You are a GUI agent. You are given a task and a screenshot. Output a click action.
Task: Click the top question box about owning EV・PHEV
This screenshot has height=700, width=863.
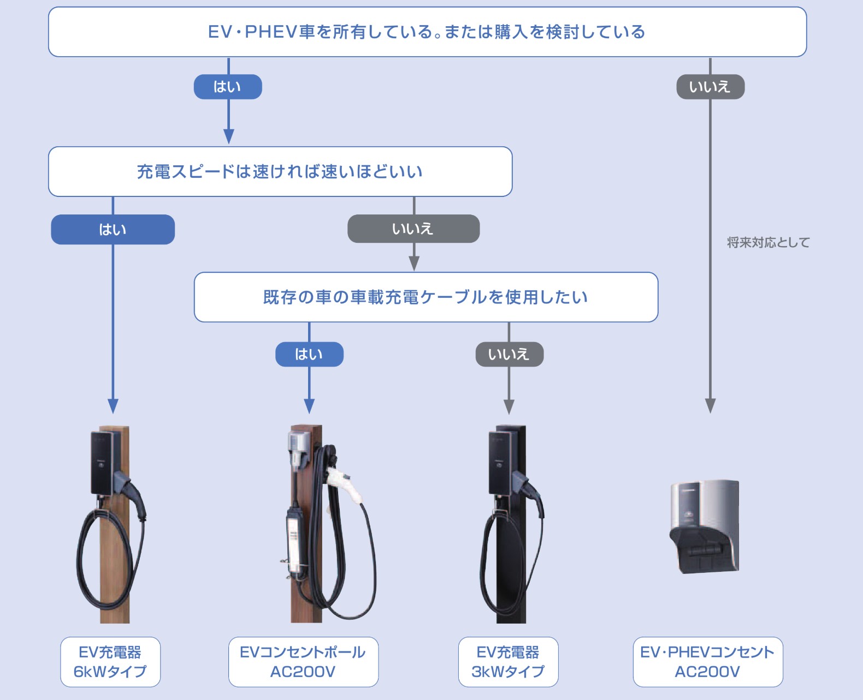427,32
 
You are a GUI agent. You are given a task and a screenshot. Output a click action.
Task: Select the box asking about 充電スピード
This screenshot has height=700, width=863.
280,171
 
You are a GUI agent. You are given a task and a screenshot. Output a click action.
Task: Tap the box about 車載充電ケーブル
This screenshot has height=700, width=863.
425,297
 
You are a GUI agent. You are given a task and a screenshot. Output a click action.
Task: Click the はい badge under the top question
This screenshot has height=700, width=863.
228,87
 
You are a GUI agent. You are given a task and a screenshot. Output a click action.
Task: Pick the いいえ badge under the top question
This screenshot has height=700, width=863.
710,87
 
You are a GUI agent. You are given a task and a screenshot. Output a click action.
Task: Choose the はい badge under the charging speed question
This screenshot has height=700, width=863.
113,229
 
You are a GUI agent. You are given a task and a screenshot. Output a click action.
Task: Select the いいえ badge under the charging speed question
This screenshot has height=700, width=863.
413,229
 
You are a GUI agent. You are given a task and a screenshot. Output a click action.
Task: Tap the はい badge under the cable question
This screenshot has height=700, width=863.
309,354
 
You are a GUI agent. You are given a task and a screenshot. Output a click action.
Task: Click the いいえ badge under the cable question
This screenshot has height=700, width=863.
509,354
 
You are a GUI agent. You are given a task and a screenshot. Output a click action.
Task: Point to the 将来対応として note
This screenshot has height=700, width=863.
768,242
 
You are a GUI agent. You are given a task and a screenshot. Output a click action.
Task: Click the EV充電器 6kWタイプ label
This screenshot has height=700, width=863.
110,661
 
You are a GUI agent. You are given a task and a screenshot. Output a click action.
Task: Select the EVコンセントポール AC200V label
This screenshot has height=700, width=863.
303,661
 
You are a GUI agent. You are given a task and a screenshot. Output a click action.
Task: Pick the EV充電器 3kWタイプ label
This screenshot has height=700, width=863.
508,661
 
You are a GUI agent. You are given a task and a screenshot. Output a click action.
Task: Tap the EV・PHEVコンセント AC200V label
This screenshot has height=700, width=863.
707,661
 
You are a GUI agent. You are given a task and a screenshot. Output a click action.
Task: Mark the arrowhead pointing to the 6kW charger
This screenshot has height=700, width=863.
113,406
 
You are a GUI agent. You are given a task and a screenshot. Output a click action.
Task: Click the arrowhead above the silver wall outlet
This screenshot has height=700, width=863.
710,406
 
